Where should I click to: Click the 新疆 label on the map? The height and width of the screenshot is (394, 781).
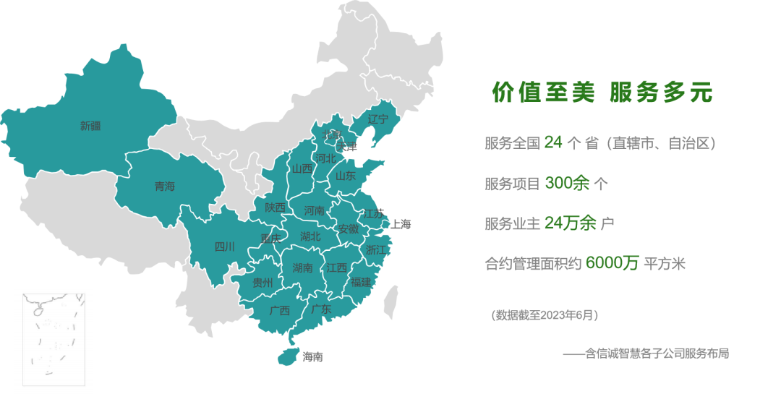pyautogui.click(x=90, y=126)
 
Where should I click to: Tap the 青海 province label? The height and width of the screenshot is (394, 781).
pyautogui.click(x=165, y=187)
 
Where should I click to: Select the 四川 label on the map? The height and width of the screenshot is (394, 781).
pyautogui.click(x=225, y=247)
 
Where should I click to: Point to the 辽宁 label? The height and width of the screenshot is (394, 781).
pyautogui.click(x=377, y=119)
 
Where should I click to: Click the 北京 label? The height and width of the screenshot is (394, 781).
pyautogui.click(x=332, y=134)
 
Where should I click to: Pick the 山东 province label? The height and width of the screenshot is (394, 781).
pyautogui.click(x=346, y=175)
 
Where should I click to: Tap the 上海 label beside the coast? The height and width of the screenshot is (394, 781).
pyautogui.click(x=401, y=224)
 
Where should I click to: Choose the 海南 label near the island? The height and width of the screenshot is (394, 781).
pyautogui.click(x=313, y=356)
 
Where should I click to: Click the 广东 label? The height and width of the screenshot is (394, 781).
pyautogui.click(x=321, y=309)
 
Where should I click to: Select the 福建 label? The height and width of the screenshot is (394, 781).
pyautogui.click(x=361, y=281)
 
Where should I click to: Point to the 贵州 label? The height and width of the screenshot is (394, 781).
pyautogui.click(x=263, y=283)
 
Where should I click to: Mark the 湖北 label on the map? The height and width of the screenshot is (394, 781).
pyautogui.click(x=310, y=236)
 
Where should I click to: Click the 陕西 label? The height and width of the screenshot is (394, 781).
pyautogui.click(x=275, y=207)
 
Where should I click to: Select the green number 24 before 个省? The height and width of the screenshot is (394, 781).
pyautogui.click(x=553, y=142)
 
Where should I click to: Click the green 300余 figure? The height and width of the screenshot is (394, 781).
pyautogui.click(x=567, y=184)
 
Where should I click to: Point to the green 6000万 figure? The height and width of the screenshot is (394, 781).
pyautogui.click(x=612, y=263)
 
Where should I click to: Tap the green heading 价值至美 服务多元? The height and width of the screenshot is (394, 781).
pyautogui.click(x=602, y=93)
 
